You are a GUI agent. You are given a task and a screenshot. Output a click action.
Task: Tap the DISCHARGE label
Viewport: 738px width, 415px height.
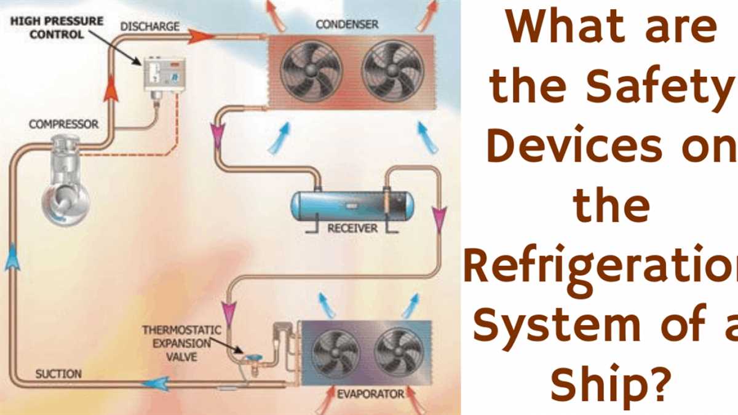coord(149,26)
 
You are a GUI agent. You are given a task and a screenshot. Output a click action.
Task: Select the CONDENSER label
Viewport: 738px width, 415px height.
coord(347,25)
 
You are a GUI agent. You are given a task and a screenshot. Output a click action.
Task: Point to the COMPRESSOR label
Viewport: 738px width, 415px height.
coord(63,124)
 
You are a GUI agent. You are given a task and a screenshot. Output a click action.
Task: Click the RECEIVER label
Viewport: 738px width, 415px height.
coord(352,228)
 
